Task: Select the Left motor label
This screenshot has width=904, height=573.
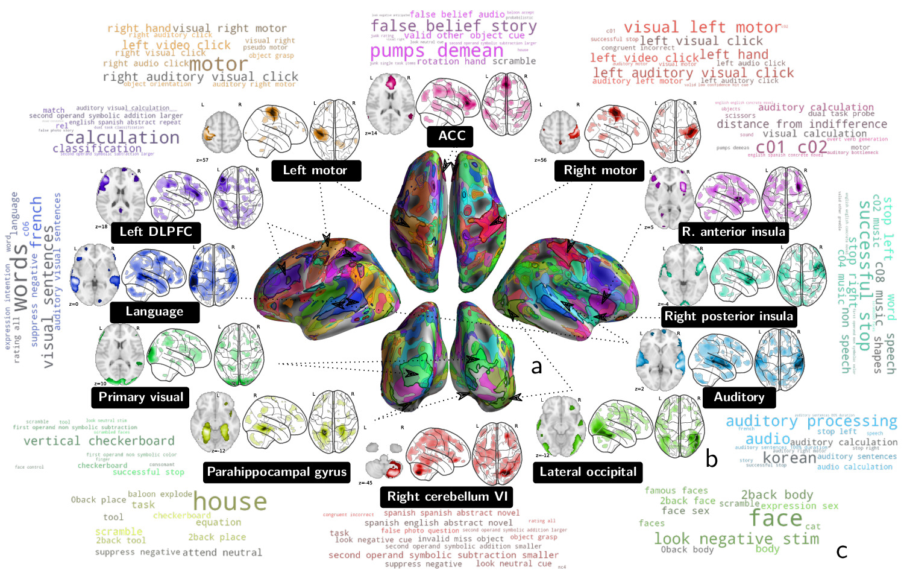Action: (315, 171)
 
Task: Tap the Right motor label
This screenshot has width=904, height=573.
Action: (600, 171)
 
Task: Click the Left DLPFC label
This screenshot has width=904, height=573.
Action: (155, 232)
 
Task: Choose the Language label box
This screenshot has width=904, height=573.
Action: (154, 312)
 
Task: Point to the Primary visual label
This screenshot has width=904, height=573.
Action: (140, 397)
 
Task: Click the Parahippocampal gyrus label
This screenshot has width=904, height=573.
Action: (277, 472)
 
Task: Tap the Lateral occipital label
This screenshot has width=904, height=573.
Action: (588, 472)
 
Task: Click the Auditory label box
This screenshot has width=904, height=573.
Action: (739, 397)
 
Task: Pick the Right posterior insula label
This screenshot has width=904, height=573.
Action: (728, 317)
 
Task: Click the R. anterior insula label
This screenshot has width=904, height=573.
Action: (733, 232)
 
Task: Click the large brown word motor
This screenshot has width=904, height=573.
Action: (218, 64)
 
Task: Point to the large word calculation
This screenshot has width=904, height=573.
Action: (122, 138)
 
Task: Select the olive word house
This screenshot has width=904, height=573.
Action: (230, 502)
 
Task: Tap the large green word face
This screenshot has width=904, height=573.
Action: (776, 518)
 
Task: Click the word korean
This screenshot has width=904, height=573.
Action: (789, 458)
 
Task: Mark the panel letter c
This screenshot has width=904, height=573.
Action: (842, 551)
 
